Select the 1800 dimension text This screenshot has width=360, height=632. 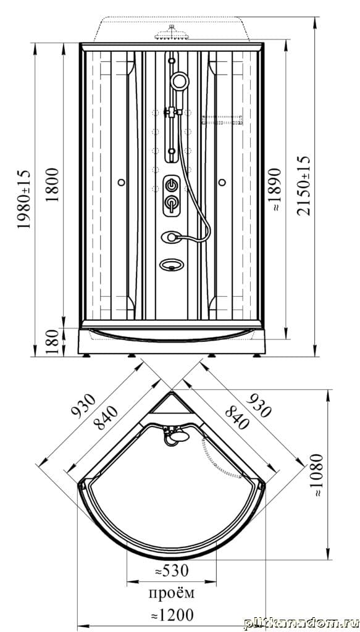52,185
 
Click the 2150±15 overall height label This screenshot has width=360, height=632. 304,186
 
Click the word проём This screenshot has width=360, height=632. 172,593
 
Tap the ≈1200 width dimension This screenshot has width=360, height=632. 172,615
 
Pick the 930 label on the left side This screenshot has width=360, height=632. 84,405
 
